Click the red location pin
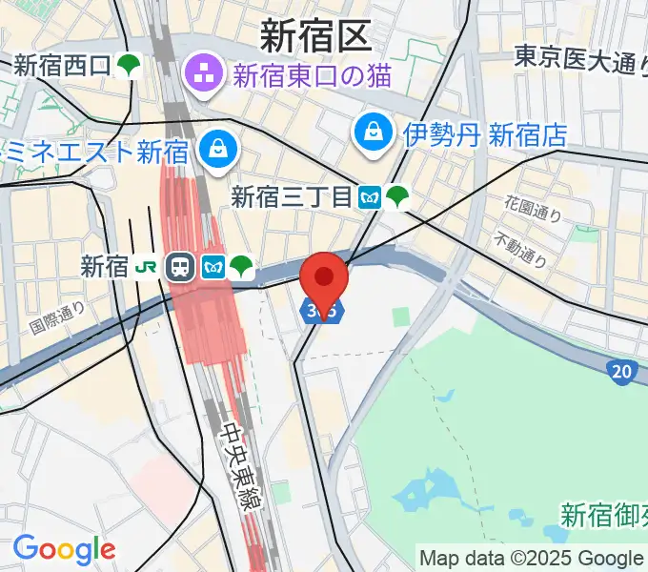(324, 278)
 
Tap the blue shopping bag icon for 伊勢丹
(370, 133)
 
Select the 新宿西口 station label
(63, 66)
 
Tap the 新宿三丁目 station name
(292, 197)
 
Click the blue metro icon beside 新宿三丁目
(370, 198)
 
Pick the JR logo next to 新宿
(148, 266)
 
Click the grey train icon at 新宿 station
(179, 267)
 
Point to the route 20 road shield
(622, 371)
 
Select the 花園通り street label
(534, 209)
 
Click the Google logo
(64, 549)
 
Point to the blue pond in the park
(426, 496)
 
